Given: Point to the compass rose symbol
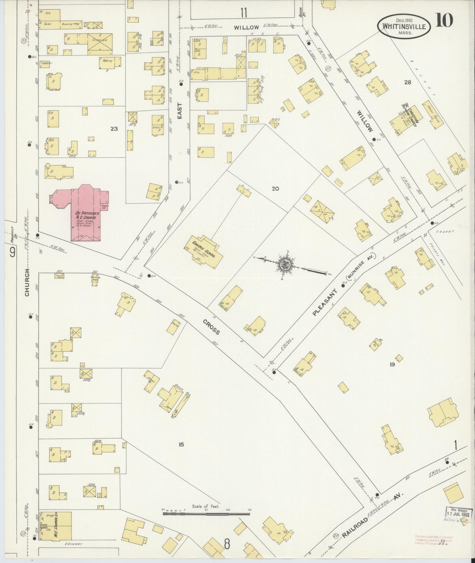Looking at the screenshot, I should click(285, 263).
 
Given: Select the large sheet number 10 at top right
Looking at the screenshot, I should click(445, 21).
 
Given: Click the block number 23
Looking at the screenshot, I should click(114, 129).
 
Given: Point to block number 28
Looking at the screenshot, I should click(408, 82).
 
